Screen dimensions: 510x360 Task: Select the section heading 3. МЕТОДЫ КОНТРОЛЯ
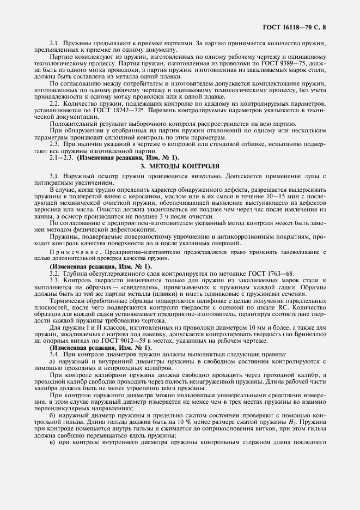click(x=180, y=165)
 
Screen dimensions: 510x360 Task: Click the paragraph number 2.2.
click(x=54, y=103)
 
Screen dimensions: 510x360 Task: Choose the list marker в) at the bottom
click(x=52, y=442)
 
